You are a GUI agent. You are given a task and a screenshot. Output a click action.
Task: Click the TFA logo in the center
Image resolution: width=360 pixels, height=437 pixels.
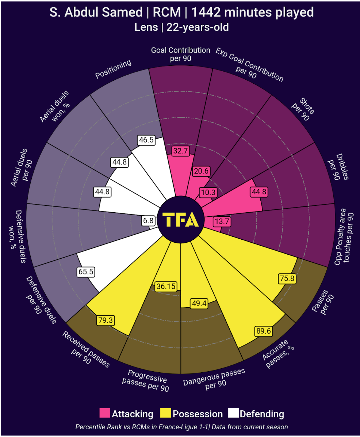coord(181,220)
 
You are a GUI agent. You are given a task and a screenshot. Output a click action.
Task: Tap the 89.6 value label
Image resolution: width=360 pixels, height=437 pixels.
coord(263,331)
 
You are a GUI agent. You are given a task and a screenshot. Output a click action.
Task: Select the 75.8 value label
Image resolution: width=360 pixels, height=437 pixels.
coord(287,278)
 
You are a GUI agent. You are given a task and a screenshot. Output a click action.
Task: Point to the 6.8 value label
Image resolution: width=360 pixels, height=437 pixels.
coord(148,221)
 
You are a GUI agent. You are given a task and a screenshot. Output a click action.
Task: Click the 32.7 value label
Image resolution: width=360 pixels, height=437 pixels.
coord(180,151)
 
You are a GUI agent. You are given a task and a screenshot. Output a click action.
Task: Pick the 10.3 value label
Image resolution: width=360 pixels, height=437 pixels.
coord(208,192)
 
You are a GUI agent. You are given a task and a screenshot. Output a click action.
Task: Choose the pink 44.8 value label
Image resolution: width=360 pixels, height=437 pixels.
coord(259,192)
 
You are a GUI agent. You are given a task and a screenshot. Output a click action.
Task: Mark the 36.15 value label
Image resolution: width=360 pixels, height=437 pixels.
coord(166,286)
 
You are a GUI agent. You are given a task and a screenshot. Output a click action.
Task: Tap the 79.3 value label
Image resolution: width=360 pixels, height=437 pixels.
coord(106,320)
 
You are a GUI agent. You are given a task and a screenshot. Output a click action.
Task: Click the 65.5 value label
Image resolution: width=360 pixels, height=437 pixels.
coord(86,271)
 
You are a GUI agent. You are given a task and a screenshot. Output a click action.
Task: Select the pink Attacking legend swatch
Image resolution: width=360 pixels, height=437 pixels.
coord(105,413)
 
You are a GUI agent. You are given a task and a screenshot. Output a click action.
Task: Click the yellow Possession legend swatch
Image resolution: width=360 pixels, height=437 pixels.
coord(165,413)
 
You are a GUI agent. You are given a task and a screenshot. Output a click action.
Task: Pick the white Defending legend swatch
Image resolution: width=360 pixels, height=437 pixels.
coord(233,413)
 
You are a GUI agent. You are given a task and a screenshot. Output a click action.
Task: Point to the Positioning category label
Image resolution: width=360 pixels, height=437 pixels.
coord(113,69)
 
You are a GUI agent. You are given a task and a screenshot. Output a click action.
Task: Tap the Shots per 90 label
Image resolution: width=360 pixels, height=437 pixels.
coord(303,109)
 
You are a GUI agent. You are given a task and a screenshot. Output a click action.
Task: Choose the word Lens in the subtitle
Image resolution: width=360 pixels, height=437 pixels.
coord(146,27)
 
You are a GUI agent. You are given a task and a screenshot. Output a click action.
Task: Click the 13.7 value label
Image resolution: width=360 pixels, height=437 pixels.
coord(222,221)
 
